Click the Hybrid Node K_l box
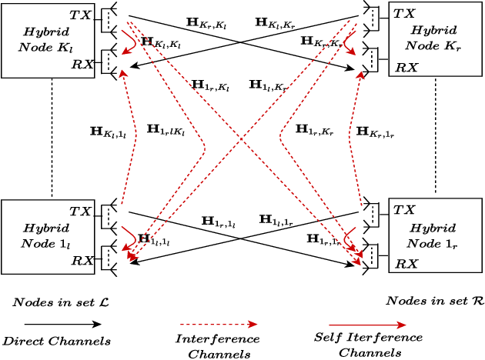tap(46, 40)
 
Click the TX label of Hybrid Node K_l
tap(80, 15)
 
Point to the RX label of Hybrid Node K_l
tap(82, 64)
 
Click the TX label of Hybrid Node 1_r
tap(404, 209)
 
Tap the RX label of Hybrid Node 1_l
tap(82, 261)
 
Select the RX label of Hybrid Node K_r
tap(406, 68)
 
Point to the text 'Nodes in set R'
tap(434, 301)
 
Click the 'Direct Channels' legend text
tap(57, 341)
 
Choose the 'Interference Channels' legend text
tap(218, 346)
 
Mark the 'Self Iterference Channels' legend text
tap(369, 345)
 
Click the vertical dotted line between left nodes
tap(52, 138)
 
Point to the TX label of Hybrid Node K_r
tap(404, 14)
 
